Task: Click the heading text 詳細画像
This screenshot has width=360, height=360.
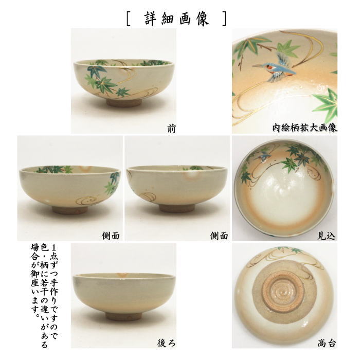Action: tap(176, 19)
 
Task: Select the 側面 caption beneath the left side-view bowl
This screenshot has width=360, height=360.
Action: tap(111, 236)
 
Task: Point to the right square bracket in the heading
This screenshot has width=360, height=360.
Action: tap(224, 19)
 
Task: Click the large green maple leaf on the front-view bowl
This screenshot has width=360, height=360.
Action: tap(105, 82)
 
